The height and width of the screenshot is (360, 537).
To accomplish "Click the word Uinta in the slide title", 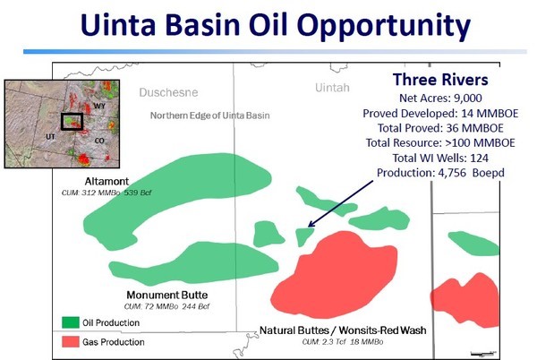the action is coord(118,25).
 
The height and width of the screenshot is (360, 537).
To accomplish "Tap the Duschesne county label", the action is coord(168,92).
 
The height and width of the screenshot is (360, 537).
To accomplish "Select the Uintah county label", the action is coord(332,88).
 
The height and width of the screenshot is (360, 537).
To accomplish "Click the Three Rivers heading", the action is coord(440,80).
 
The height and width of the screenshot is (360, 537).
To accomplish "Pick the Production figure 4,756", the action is coord(452,173).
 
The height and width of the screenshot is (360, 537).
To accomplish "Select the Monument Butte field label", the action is coord(167,295).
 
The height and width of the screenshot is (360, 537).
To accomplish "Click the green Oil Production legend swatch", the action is coord(71,322).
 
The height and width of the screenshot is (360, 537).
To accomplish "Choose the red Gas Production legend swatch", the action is coord(71,341).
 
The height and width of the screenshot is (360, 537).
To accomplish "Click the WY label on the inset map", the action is coord(99,107).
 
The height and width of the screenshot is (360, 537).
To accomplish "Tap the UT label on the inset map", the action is coord(50,137).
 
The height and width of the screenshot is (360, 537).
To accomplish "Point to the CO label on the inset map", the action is coord(99,141).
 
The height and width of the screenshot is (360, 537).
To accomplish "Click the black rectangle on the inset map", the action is coord(62,122).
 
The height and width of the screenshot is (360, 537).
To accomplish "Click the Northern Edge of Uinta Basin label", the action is coord(210,116).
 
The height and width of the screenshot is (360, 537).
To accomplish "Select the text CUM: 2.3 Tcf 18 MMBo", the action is coord(343,341).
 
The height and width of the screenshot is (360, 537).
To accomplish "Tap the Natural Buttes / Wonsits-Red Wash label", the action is coord(343,330).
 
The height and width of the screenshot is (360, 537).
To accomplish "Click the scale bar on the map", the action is coord(483,353).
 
